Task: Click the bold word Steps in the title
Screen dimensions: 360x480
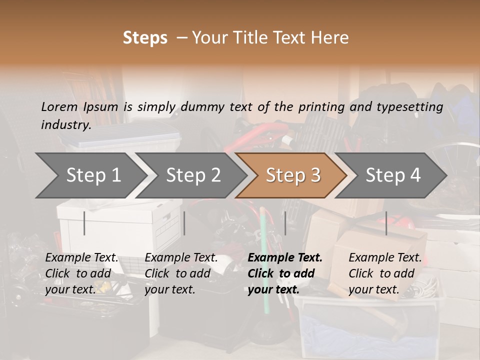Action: pyautogui.click(x=145, y=38)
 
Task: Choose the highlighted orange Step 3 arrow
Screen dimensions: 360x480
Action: pyautogui.click(x=293, y=175)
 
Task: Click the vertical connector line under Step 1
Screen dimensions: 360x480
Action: pyautogui.click(x=84, y=223)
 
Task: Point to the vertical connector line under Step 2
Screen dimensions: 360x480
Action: pyautogui.click(x=184, y=223)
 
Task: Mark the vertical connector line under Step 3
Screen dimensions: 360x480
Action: pyautogui.click(x=285, y=223)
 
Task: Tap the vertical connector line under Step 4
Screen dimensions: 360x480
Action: pyautogui.click(x=386, y=223)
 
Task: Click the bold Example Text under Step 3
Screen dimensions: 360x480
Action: pyautogui.click(x=285, y=258)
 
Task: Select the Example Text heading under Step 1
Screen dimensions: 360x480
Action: pyautogui.click(x=81, y=258)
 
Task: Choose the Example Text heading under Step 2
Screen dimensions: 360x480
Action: pyautogui.click(x=181, y=258)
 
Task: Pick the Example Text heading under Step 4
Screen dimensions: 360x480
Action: pyautogui.click(x=385, y=258)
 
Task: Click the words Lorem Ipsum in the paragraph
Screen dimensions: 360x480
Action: pyautogui.click(x=79, y=106)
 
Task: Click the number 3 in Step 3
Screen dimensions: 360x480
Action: pyautogui.click(x=314, y=175)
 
